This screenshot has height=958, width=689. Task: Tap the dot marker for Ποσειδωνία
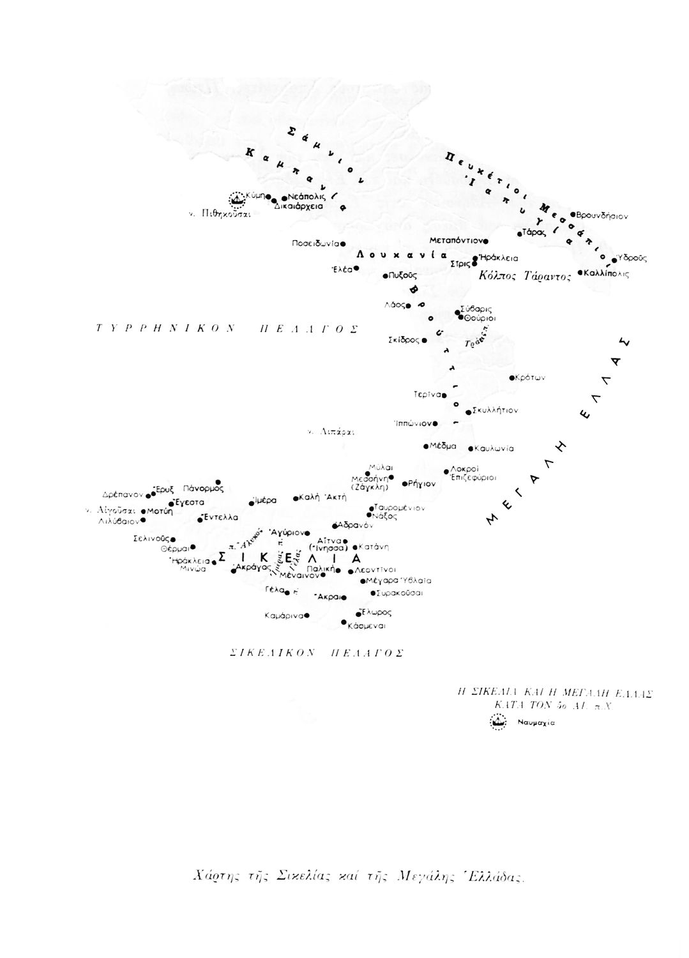coord(343,243)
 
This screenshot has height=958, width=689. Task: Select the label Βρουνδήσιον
coord(602,216)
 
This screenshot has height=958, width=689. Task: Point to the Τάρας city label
coord(534,232)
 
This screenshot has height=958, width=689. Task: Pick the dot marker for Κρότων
coord(512,377)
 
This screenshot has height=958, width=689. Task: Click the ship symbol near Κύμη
coord(238,199)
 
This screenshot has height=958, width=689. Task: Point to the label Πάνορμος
coord(202,488)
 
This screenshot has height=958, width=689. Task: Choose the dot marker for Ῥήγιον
coord(404,483)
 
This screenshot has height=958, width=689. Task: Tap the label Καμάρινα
coord(284,616)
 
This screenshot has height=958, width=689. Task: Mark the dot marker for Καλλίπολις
coord(579,273)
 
